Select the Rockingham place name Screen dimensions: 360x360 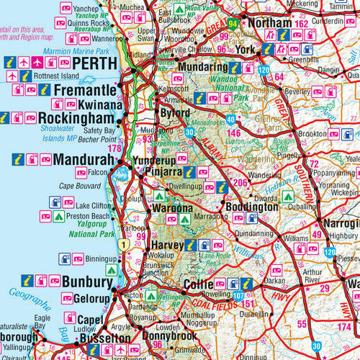click(x=76, y=117)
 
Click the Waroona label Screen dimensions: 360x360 click(x=171, y=208)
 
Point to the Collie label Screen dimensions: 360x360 click(x=199, y=284)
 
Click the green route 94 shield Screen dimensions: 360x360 click(x=233, y=23)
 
